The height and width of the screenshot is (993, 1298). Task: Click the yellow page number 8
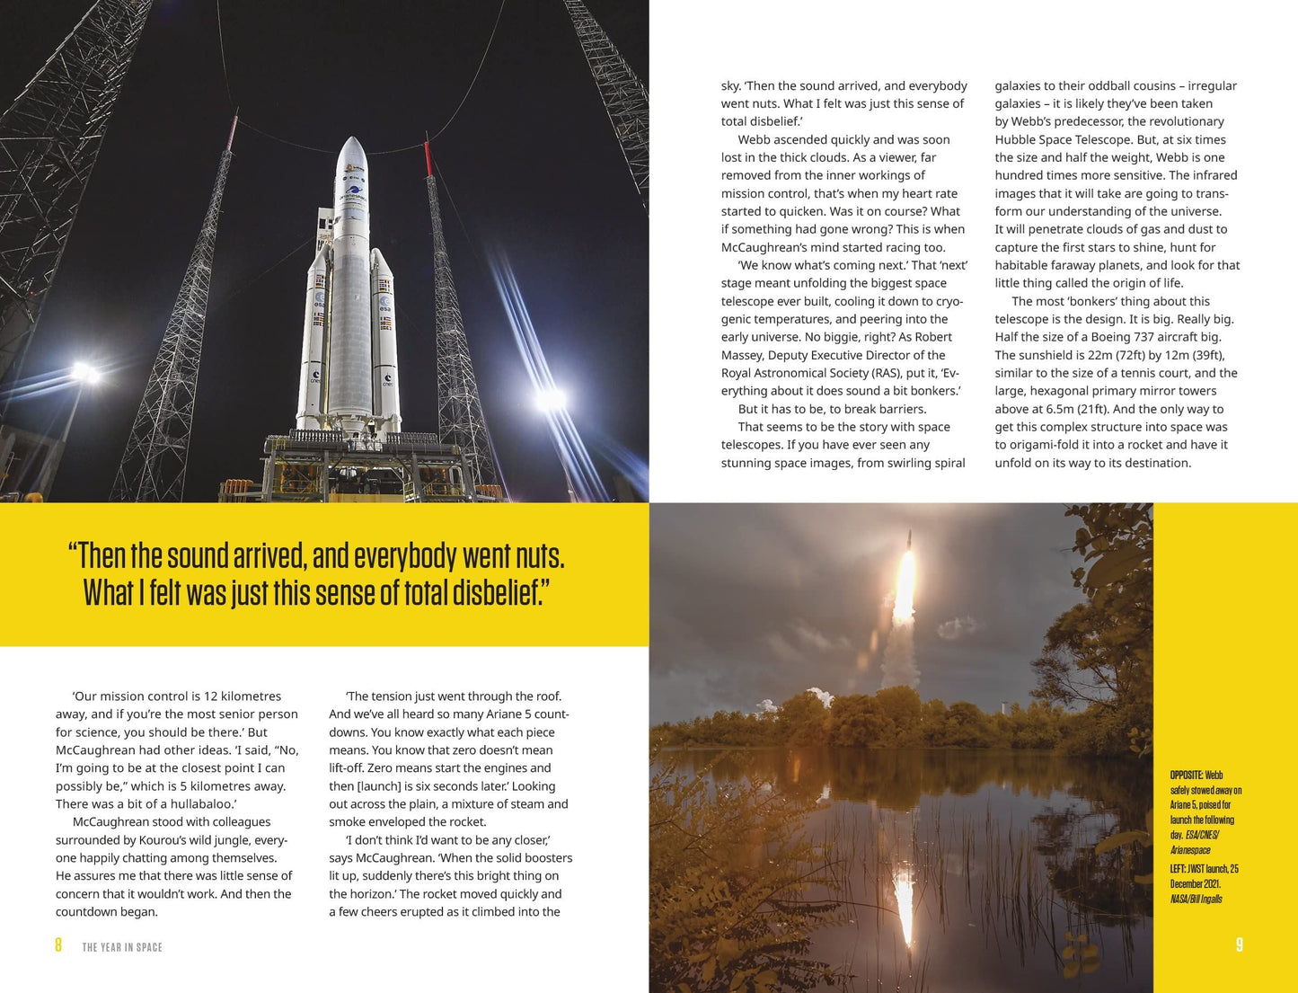[x=58, y=945]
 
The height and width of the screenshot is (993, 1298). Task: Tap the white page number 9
[x=1239, y=944]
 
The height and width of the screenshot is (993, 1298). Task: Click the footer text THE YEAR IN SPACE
[x=122, y=947]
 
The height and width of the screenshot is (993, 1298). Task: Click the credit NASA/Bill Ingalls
[x=1196, y=899]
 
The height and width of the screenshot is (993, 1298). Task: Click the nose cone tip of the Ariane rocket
[x=351, y=140]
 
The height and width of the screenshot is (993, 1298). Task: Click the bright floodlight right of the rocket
[x=551, y=396]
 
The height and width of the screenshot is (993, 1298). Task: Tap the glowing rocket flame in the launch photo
[x=905, y=584]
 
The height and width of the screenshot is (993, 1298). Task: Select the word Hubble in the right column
[x=1016, y=139]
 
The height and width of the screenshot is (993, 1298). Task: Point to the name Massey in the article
[x=743, y=355]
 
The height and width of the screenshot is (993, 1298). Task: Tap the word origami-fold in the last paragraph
[x=1048, y=445]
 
